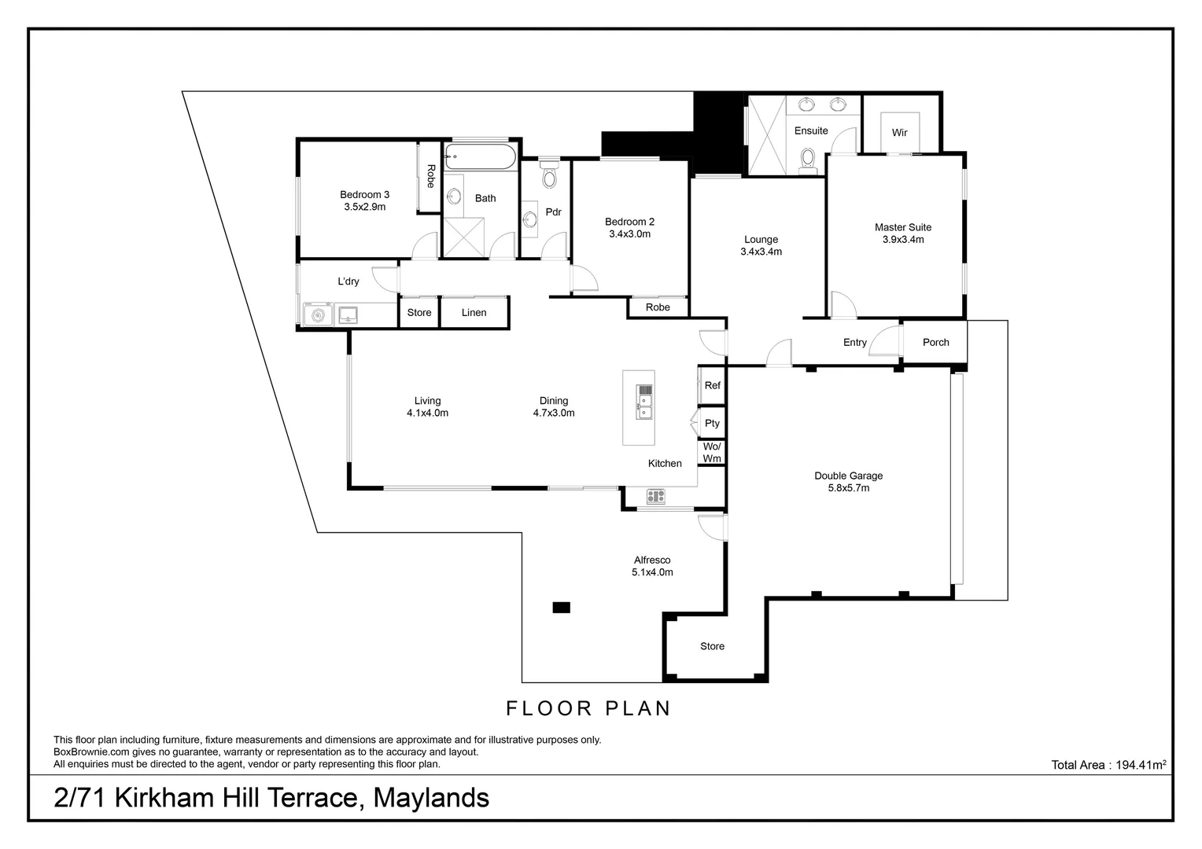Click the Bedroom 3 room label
click(x=364, y=195)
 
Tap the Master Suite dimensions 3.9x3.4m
click(x=902, y=240)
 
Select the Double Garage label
click(x=848, y=476)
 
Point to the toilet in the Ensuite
click(x=807, y=159)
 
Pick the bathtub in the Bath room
click(x=480, y=156)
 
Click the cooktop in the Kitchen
click(x=655, y=496)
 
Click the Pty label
click(x=712, y=424)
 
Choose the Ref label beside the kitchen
click(x=712, y=386)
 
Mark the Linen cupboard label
click(x=474, y=313)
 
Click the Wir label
click(x=899, y=133)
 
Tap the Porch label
click(x=935, y=343)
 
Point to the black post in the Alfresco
click(x=561, y=607)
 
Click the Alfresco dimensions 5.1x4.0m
click(x=652, y=573)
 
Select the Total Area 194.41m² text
click(x=1108, y=765)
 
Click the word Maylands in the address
click(x=430, y=798)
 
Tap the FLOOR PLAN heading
click(x=588, y=708)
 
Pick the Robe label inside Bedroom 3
click(x=430, y=175)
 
